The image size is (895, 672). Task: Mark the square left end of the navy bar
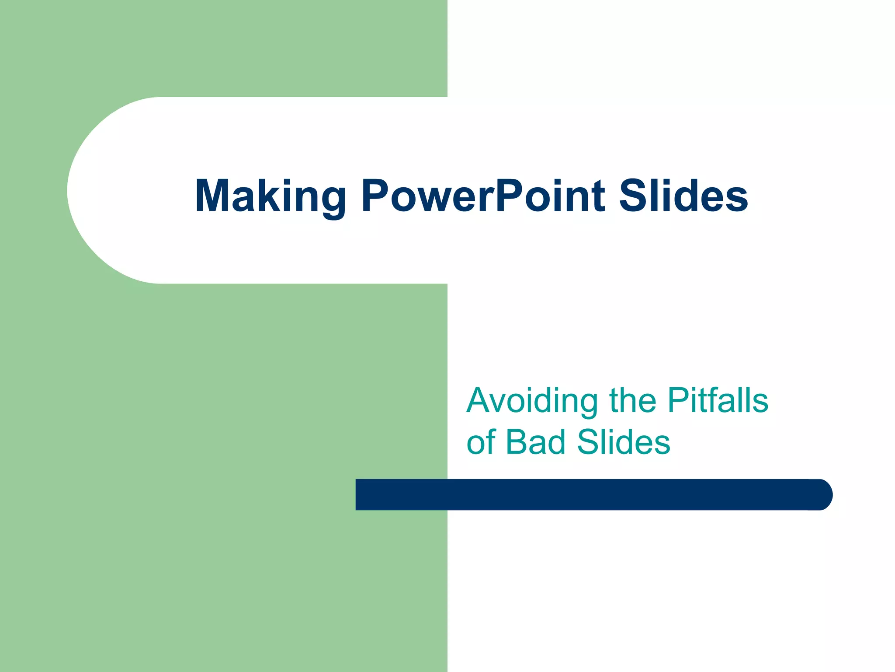coord(359,495)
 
